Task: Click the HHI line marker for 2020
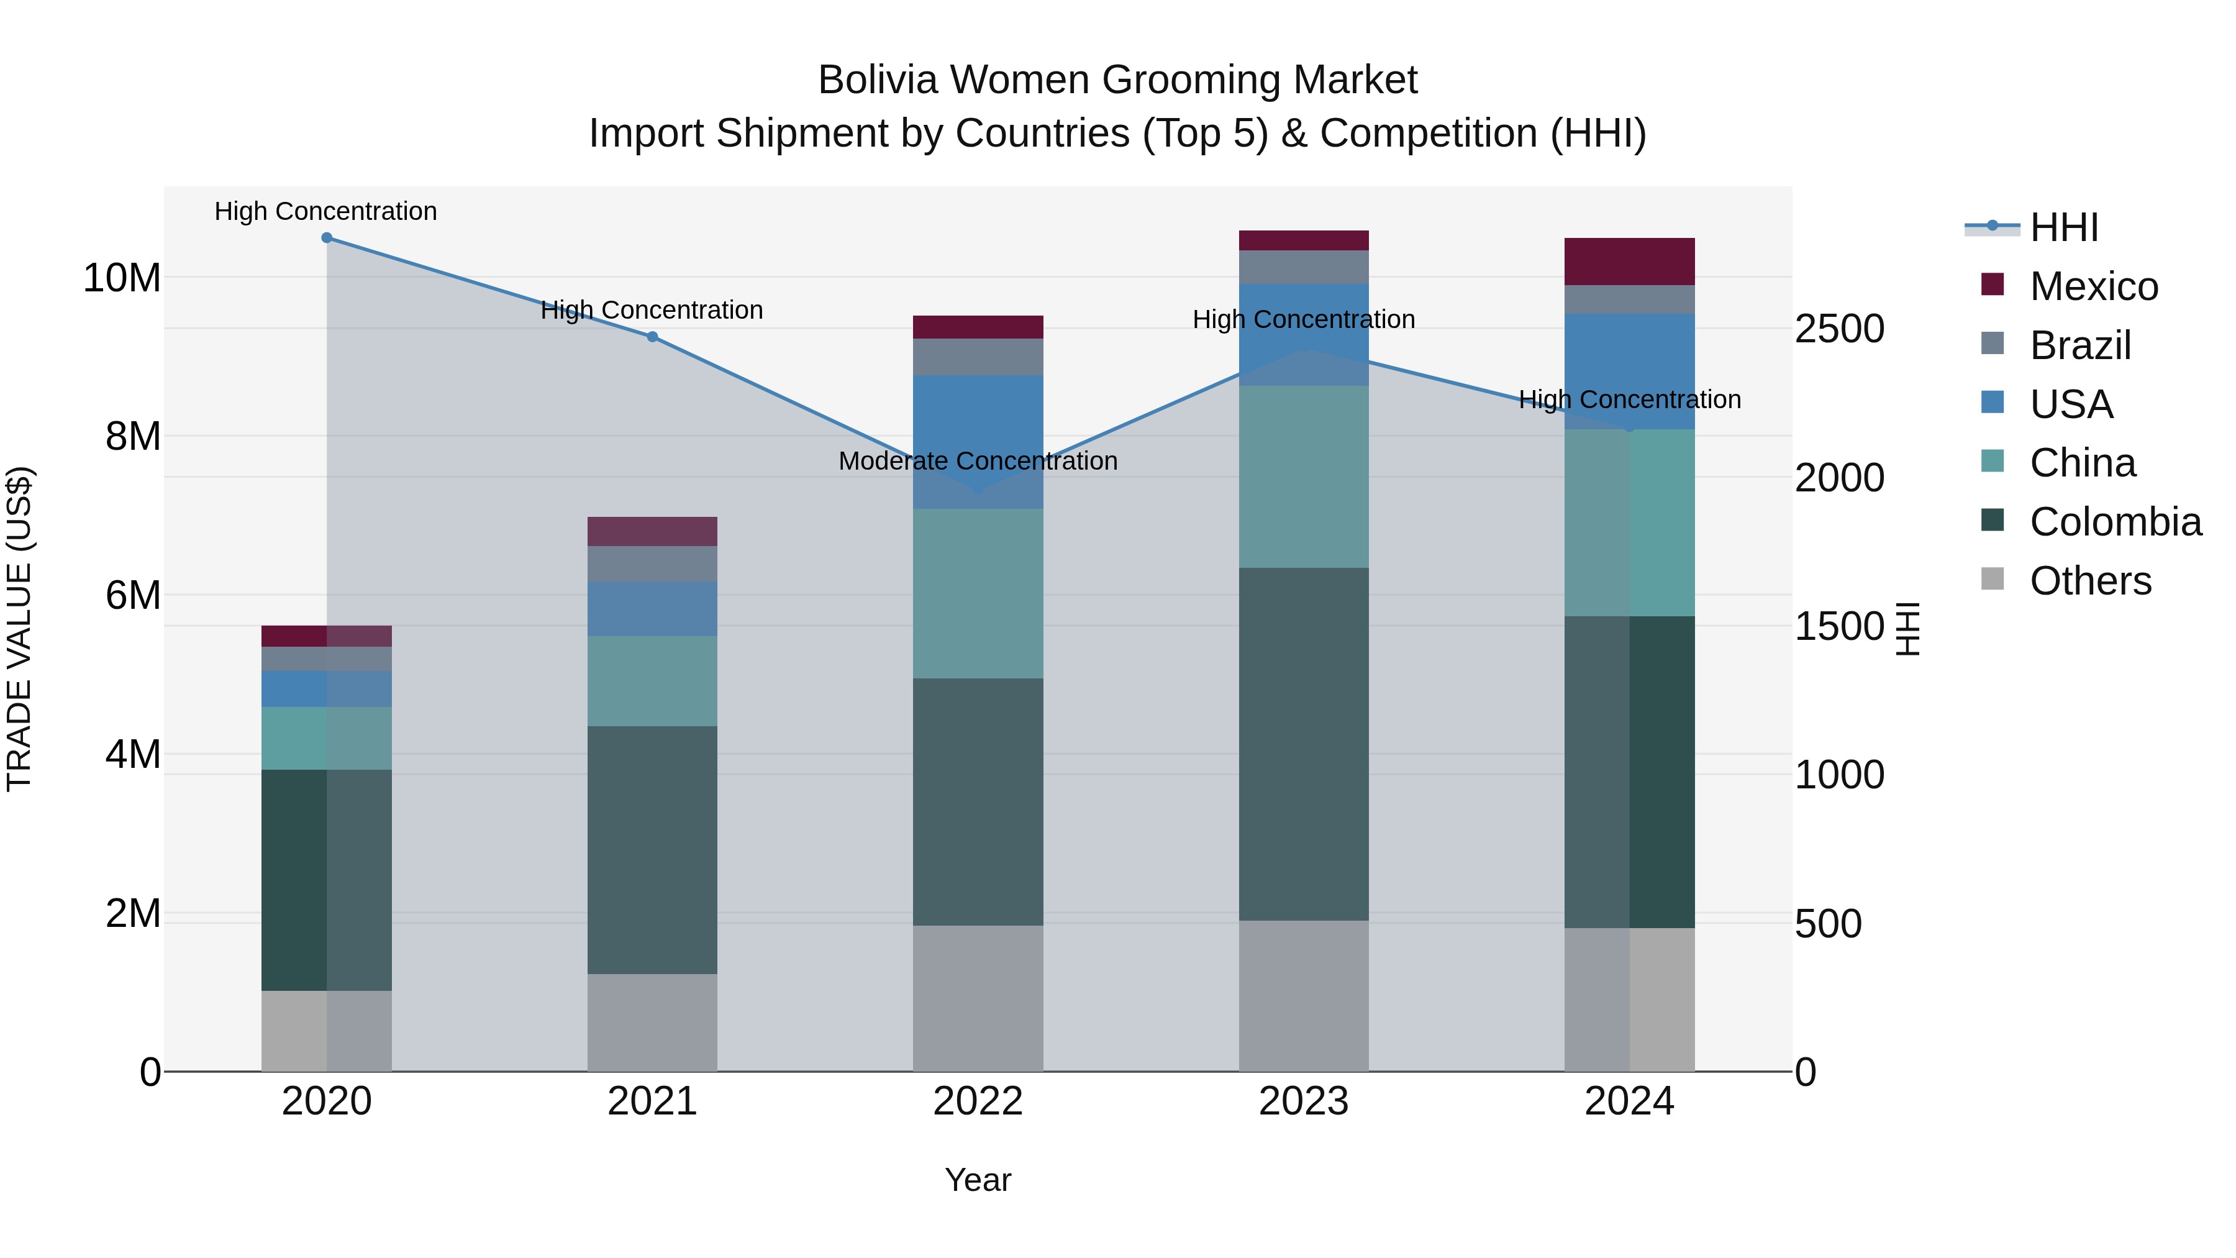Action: (x=326, y=238)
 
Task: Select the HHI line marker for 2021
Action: (x=652, y=337)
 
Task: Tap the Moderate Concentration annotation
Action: (x=978, y=461)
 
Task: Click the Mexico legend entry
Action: (x=2093, y=286)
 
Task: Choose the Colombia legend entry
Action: (x=2114, y=522)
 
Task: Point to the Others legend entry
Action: (x=2089, y=581)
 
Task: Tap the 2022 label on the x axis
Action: (x=978, y=1101)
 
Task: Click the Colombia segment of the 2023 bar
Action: (x=1303, y=744)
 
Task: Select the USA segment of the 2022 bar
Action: (x=978, y=441)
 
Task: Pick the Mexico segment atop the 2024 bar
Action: (x=1629, y=262)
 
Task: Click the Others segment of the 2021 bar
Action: (x=652, y=1022)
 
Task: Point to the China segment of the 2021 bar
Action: (x=652, y=681)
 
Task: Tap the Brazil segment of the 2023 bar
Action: (x=1303, y=267)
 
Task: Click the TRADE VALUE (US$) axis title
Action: (x=19, y=629)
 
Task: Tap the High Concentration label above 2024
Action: (x=1629, y=399)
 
